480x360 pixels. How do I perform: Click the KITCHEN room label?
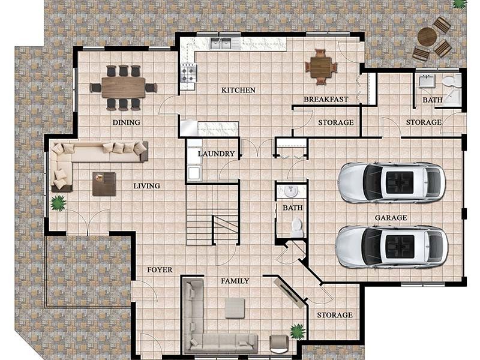click(x=238, y=90)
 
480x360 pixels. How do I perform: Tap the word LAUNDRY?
click(x=216, y=154)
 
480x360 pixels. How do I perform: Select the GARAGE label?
click(x=391, y=218)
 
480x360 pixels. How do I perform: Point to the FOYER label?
click(x=160, y=269)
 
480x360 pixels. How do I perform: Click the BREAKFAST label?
click(x=325, y=99)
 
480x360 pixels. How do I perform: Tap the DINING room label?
click(x=126, y=122)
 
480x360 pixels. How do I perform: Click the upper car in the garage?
click(x=391, y=182)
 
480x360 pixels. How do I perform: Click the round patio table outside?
click(x=427, y=37)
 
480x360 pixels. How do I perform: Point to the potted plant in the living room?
click(x=58, y=203)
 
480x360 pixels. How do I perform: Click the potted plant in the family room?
click(x=297, y=331)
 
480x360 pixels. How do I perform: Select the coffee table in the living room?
click(x=104, y=184)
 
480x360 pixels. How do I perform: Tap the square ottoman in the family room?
click(x=235, y=308)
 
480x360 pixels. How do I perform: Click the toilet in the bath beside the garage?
click(x=296, y=226)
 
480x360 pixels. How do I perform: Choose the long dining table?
click(x=123, y=88)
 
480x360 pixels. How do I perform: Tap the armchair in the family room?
click(x=279, y=343)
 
